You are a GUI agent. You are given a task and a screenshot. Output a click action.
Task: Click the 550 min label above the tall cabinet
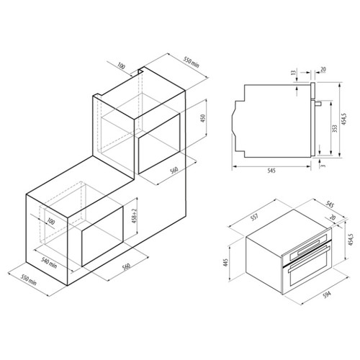192,62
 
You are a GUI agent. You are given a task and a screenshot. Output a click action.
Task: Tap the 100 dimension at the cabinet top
122,66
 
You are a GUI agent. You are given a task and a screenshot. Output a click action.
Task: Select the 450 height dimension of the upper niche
203,118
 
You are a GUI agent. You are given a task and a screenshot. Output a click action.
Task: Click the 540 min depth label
49,263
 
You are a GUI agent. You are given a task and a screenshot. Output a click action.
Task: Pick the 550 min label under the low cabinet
29,280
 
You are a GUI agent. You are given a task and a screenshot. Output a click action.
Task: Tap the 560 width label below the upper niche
174,170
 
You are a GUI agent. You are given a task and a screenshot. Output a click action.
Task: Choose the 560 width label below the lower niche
126,266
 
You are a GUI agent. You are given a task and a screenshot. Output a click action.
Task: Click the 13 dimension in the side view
293,73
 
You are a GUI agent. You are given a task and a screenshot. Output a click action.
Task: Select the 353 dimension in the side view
335,128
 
